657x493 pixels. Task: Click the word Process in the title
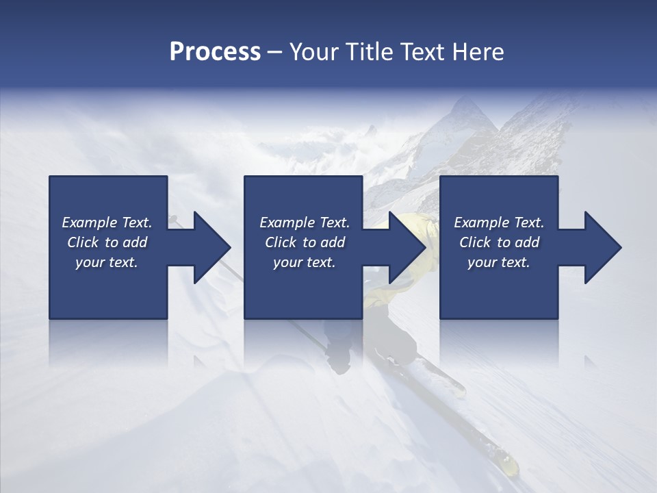[x=215, y=52]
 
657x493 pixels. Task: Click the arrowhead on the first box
[x=211, y=247]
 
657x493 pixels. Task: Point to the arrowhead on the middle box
[x=407, y=247]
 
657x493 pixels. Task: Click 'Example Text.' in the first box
[x=107, y=223]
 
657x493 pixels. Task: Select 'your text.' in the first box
[x=107, y=262]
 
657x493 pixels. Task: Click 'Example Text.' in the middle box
[x=305, y=223]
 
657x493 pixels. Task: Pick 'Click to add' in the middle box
[x=305, y=242]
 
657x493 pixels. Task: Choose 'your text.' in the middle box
[x=305, y=262]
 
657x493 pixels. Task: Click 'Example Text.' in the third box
[x=499, y=223]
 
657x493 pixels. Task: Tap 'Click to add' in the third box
[x=499, y=242]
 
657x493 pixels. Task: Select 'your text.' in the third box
[x=499, y=262]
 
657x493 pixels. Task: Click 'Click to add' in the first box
[x=107, y=242]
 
